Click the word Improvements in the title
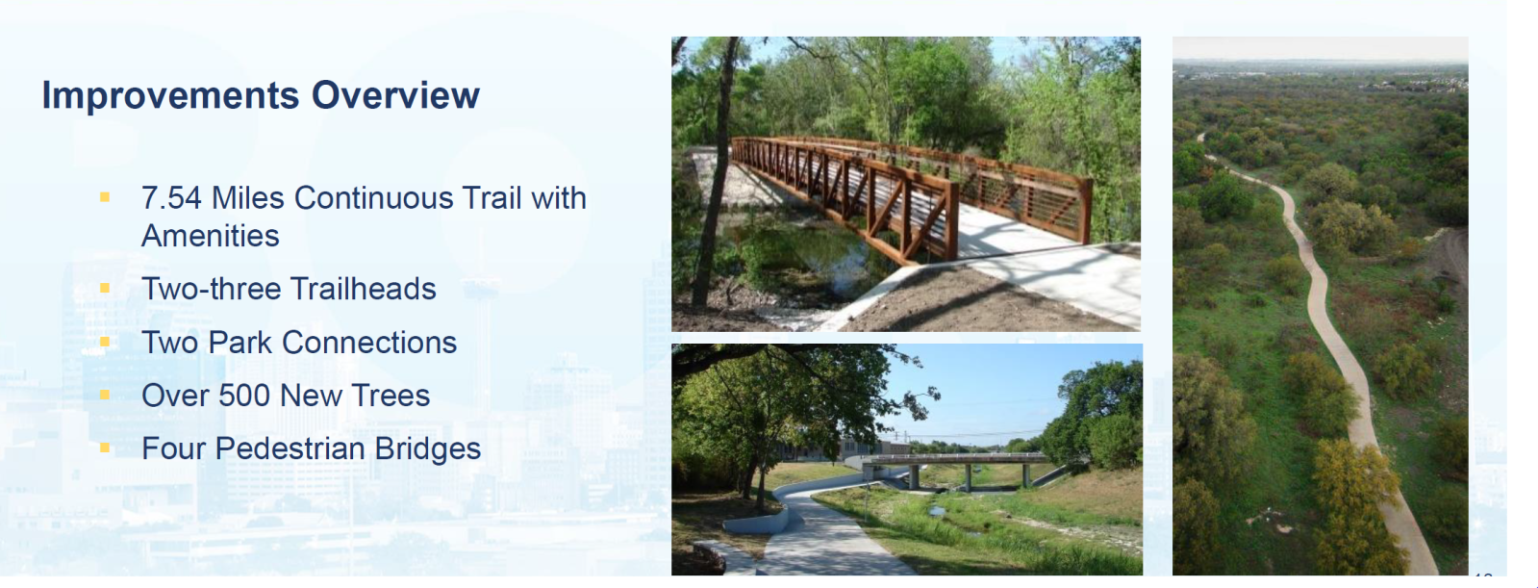click(170, 95)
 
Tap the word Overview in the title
click(395, 94)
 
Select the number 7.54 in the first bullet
click(171, 198)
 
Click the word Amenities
click(210, 236)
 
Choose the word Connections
click(368, 342)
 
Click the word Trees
click(390, 395)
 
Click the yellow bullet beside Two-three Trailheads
click(105, 288)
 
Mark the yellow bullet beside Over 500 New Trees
click(105, 395)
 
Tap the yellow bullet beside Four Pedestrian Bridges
click(105, 447)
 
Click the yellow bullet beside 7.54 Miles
click(105, 198)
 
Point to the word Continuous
click(373, 198)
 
